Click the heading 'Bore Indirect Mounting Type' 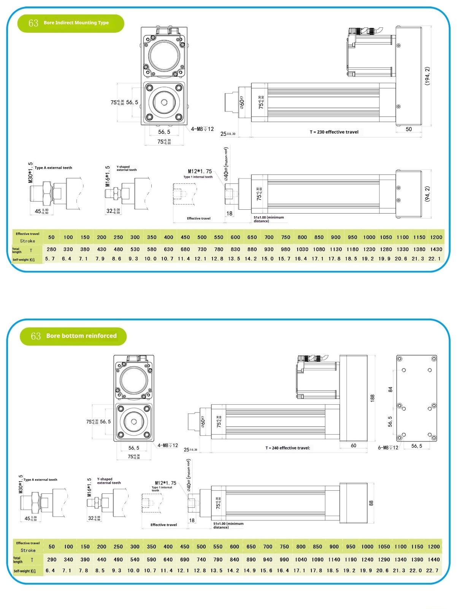pos(76,23)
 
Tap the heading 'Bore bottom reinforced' pos(81,336)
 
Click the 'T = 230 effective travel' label pos(334,132)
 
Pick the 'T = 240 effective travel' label pos(287,448)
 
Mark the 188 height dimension pos(372,398)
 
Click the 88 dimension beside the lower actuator pos(371,503)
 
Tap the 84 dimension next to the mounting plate pos(390,389)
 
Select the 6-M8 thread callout pos(388,448)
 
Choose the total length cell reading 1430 pos(436,249)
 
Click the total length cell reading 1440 pos(434,560)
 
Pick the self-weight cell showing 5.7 pos(50,259)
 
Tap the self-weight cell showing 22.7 pos(432,571)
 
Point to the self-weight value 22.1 pos(435,259)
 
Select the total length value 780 pos(219,249)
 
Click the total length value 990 pos(284,560)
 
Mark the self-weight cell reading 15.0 pos(267,259)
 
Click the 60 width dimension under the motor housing pos(354,445)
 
